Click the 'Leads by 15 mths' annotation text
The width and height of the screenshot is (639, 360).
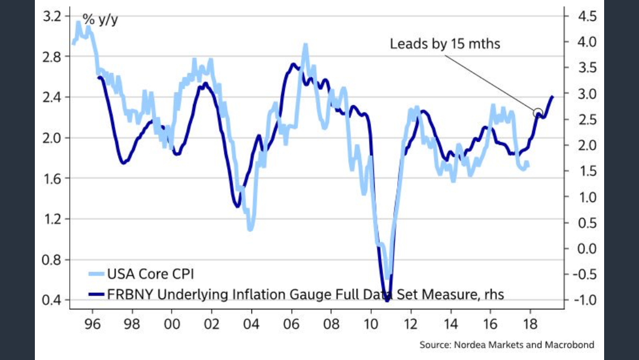pos(444,43)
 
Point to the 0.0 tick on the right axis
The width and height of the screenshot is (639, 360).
pos(586,249)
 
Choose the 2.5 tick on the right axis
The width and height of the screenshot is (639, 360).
pos(586,119)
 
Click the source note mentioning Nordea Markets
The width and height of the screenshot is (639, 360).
pos(506,344)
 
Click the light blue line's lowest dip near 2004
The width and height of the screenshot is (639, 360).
pos(251,228)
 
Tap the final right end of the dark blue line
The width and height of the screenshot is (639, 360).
pos(552,97)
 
